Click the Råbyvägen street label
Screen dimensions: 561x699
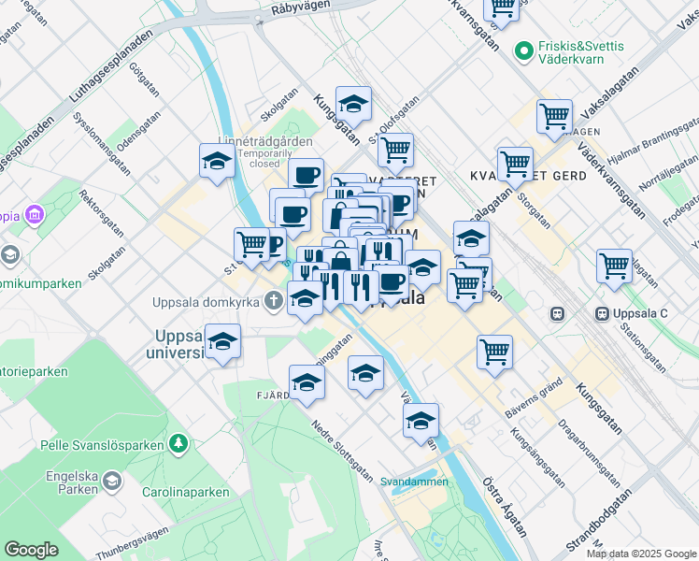(x=301, y=8)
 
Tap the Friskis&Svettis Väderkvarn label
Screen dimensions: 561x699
(x=571, y=51)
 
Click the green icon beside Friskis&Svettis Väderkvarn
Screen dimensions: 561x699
(x=523, y=45)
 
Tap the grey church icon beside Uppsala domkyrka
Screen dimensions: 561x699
(x=273, y=301)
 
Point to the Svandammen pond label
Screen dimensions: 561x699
(x=414, y=482)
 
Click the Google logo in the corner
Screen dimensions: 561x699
(x=31, y=550)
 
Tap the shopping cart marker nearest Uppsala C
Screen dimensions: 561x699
(x=614, y=266)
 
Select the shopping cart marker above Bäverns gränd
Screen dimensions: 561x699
(x=494, y=352)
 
